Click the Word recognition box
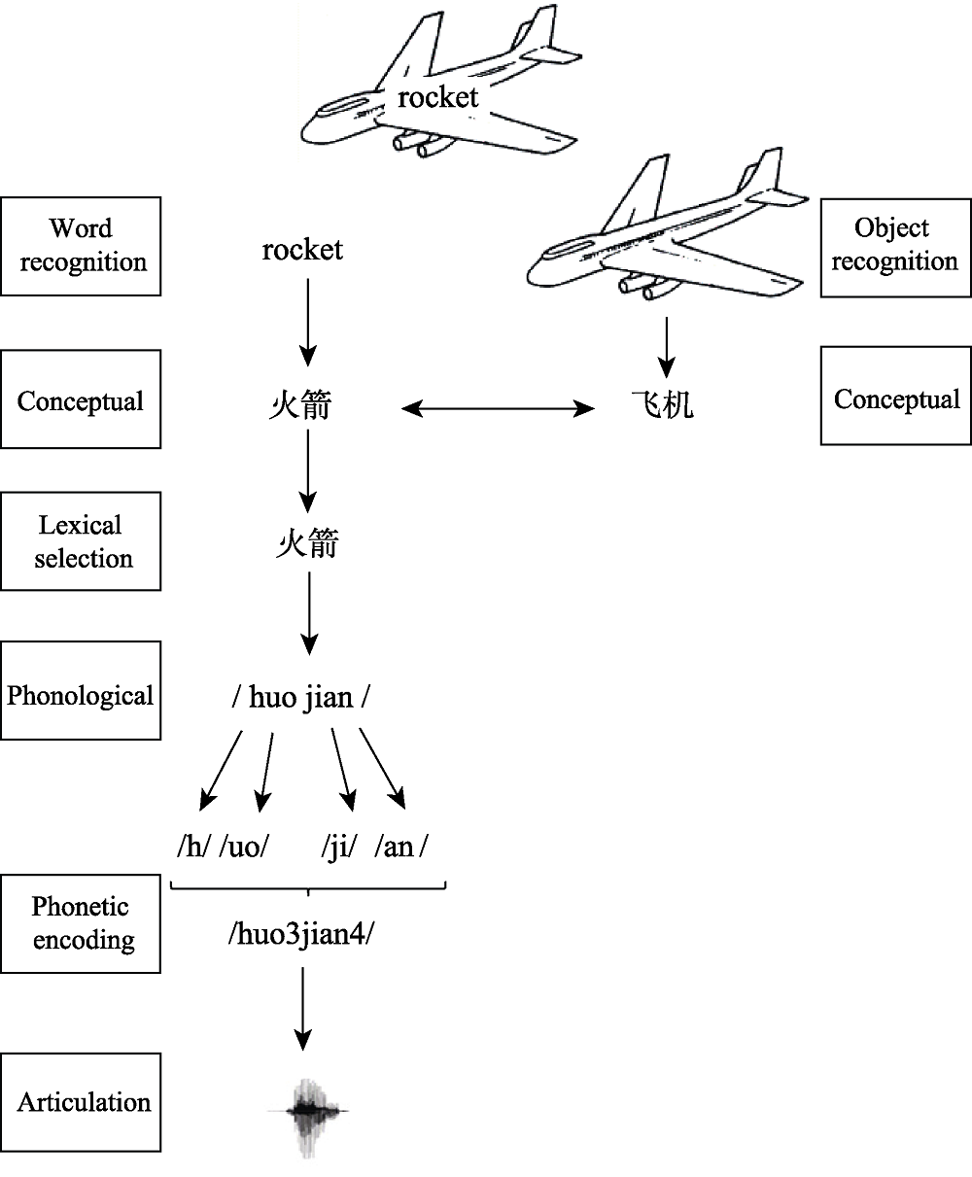tap(81, 246)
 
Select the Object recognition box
tap(894, 245)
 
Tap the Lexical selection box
tap(81, 541)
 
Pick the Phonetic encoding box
tap(81, 923)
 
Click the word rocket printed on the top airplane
tap(438, 97)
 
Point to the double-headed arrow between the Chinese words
tap(498, 410)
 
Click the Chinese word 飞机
tap(662, 404)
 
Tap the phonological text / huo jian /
tap(301, 698)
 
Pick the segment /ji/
tap(339, 847)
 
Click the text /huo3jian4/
tap(301, 934)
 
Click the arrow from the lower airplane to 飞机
tap(666, 346)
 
